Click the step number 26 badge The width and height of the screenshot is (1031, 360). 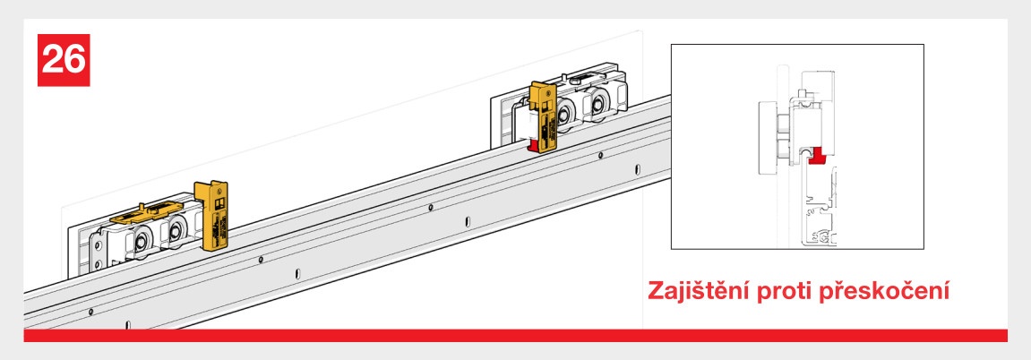tap(64, 60)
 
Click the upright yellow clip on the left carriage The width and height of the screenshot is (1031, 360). tap(212, 216)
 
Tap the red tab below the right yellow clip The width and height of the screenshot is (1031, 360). tap(533, 143)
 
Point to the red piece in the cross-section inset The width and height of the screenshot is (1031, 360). tap(817, 156)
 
